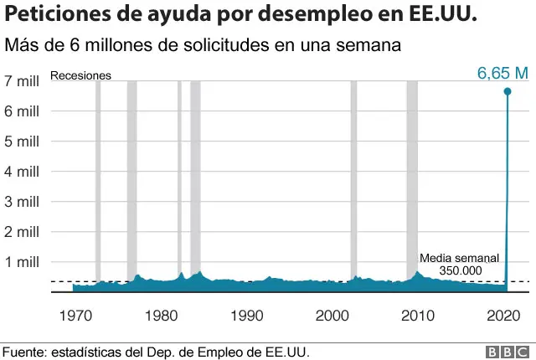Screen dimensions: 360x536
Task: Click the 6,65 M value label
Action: pyautogui.click(x=502, y=74)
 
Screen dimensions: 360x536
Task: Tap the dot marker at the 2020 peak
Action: pyautogui.click(x=508, y=90)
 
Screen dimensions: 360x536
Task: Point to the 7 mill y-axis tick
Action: pyautogui.click(x=23, y=81)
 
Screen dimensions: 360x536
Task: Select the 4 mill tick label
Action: pyautogui.click(x=23, y=172)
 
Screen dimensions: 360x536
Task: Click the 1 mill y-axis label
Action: pyautogui.click(x=23, y=262)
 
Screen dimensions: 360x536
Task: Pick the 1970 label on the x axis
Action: pyautogui.click(x=76, y=316)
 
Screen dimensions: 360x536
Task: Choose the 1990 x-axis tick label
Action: pyautogui.click(x=247, y=316)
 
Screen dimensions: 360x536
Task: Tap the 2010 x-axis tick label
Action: pyautogui.click(x=417, y=316)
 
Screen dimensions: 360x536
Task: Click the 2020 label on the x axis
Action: pyautogui.click(x=502, y=316)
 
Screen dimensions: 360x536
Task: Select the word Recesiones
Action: pyautogui.click(x=81, y=75)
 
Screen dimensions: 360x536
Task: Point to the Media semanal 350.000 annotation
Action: pyautogui.click(x=459, y=264)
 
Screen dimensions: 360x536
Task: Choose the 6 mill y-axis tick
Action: pyautogui.click(x=23, y=111)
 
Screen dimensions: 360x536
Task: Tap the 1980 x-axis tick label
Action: pyautogui.click(x=162, y=316)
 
